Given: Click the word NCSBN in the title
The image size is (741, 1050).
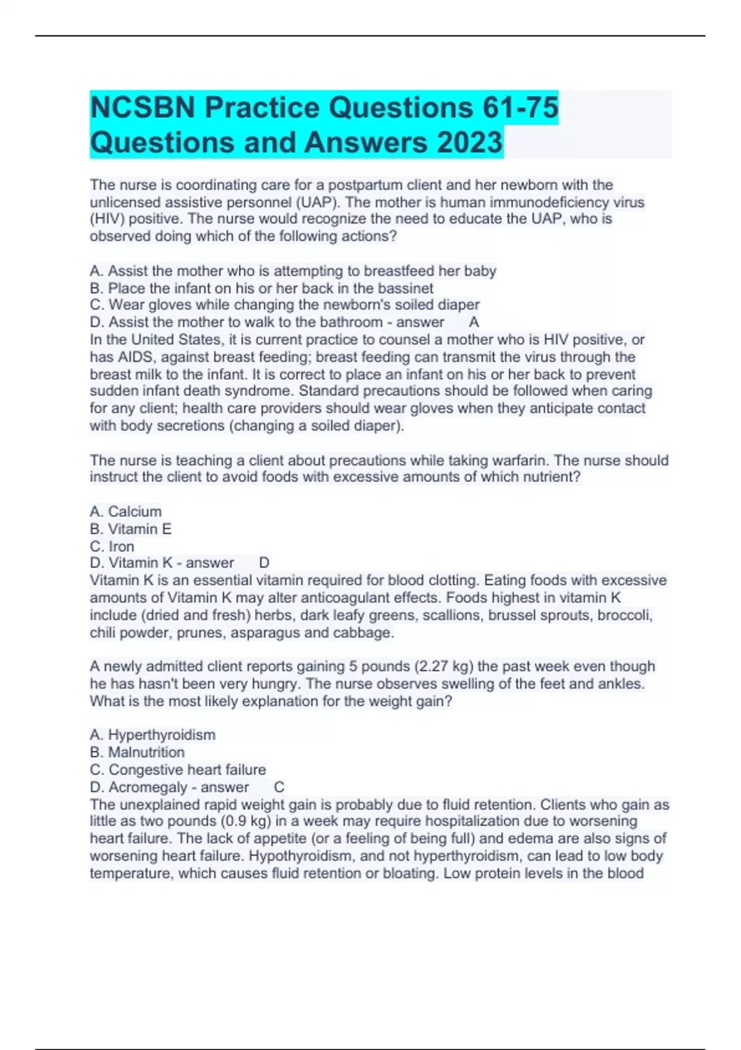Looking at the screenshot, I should pos(143,108).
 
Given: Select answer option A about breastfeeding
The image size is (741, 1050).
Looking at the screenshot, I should pos(293,271).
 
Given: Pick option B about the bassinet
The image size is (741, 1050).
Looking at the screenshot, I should pos(261,288).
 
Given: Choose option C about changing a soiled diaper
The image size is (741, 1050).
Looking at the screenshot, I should pos(284,305).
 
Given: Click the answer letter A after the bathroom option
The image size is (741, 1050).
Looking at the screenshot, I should pos(474,322).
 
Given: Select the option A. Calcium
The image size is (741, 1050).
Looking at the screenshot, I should pos(125,512).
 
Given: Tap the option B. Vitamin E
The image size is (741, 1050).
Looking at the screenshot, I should pos(130,529).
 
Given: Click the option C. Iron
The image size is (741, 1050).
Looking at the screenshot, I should pos(112,547).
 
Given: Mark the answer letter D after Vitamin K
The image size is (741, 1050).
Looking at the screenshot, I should pos(264,563).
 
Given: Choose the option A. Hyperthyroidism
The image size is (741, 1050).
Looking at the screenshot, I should pos(153,735).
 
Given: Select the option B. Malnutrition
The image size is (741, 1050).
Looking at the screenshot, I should pos(137,752).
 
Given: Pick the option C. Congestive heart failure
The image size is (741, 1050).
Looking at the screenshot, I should pos(178,770).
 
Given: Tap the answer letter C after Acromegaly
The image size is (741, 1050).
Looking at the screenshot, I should pos(279,787).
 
